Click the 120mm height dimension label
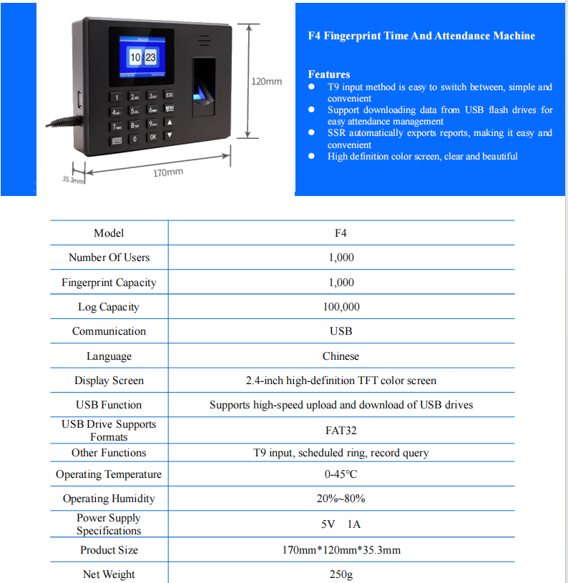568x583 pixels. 266,82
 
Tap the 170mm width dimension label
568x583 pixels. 168,173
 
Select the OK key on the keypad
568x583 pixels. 152,137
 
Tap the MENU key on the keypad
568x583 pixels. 170,109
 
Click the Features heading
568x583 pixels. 329,74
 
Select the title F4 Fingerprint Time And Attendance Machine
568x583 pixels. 421,36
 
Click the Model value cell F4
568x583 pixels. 341,233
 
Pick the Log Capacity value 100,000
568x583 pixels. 341,307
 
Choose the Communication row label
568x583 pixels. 109,331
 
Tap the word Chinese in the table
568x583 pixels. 341,356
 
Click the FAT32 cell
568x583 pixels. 341,431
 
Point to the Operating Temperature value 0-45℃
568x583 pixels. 341,474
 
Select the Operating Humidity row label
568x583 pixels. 109,499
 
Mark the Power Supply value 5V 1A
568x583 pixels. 341,524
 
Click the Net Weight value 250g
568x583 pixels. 341,574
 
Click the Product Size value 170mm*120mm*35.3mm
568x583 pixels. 341,550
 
